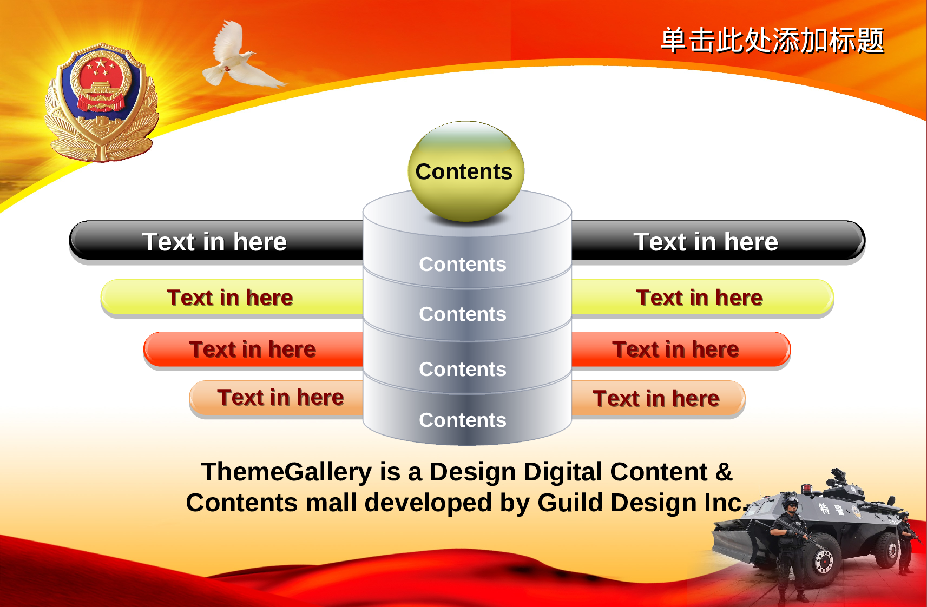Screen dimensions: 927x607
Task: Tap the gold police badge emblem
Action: coord(101,102)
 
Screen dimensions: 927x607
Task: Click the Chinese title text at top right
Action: coord(772,41)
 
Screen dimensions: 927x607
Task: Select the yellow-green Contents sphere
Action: coord(466,171)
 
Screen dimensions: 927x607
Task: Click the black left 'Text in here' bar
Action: coord(216,241)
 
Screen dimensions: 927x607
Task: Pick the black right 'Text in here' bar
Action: coord(719,241)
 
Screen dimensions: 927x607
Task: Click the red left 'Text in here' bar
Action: coord(253,349)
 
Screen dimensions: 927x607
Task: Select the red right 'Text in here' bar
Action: coord(681,349)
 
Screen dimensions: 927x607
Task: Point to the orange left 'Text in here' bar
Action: coord(276,398)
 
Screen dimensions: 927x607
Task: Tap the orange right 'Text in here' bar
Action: coord(659,398)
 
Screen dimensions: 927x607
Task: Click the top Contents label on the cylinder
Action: coord(463,265)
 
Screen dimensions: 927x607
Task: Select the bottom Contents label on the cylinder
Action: coord(463,420)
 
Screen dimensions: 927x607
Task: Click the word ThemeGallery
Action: coord(287,472)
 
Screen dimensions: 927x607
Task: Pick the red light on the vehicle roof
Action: coord(807,489)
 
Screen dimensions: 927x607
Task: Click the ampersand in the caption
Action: coord(724,472)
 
